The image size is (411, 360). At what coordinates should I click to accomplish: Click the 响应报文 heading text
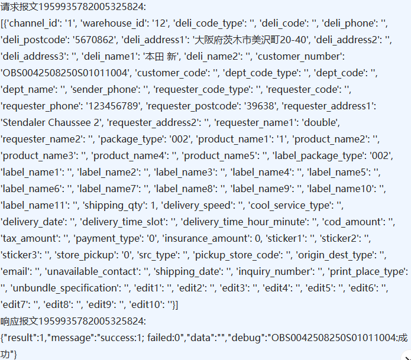(x=73, y=321)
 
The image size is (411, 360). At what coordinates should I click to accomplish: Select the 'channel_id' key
(x=33, y=23)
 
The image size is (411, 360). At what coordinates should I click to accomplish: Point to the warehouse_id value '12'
(x=161, y=23)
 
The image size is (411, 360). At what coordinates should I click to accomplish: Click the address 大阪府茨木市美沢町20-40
(x=251, y=40)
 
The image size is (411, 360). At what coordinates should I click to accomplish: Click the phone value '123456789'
(x=113, y=106)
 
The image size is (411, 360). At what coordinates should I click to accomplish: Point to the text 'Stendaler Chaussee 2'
(x=51, y=122)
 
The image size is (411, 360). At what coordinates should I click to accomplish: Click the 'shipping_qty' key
(x=114, y=205)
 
